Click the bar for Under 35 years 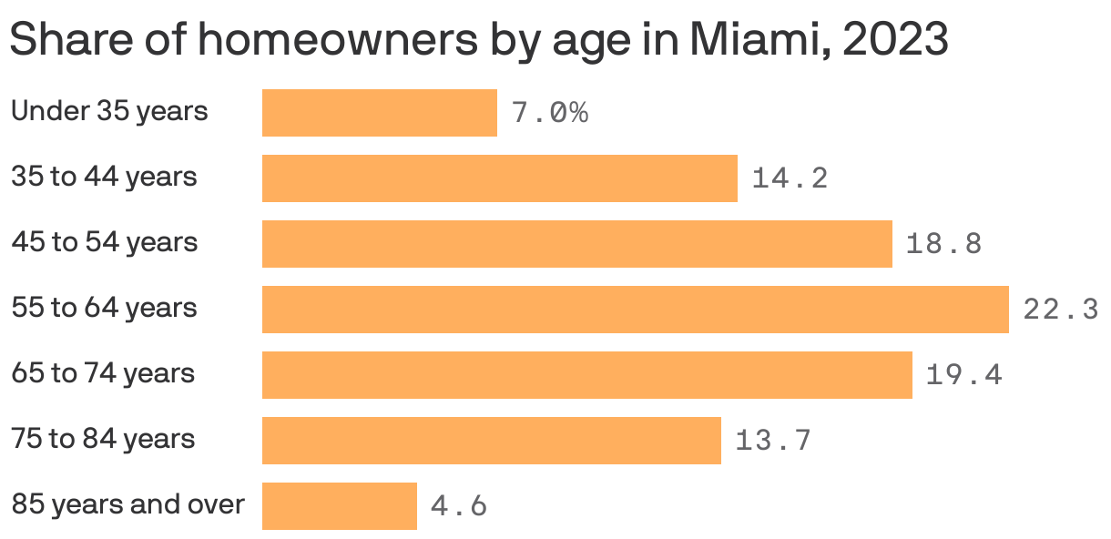[x=379, y=113]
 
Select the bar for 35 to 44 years [x=499, y=178]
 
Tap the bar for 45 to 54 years [x=576, y=244]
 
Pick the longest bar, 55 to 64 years [x=635, y=310]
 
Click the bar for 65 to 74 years [x=586, y=375]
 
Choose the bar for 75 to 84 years [x=491, y=441]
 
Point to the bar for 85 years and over [x=339, y=506]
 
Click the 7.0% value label [x=549, y=113]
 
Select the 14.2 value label [x=790, y=178]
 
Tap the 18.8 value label [x=943, y=244]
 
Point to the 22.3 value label [x=1060, y=310]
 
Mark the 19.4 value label [x=963, y=375]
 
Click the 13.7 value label [x=772, y=441]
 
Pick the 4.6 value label [x=458, y=506]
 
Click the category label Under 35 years [x=109, y=112]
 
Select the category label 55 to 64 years [x=104, y=309]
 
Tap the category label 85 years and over [x=127, y=504]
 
